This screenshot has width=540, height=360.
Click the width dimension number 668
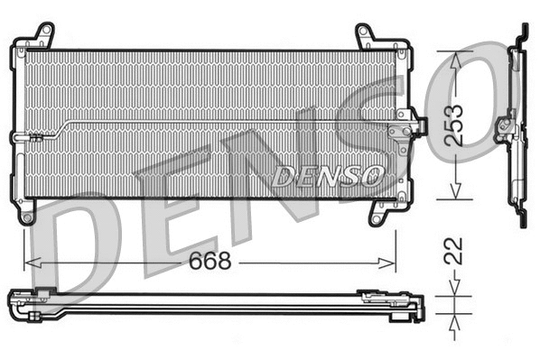pyautogui.click(x=209, y=262)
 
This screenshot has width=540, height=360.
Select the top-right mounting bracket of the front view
pyautogui.click(x=366, y=37)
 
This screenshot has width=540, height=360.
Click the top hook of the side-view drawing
pyautogui.click(x=523, y=29)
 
